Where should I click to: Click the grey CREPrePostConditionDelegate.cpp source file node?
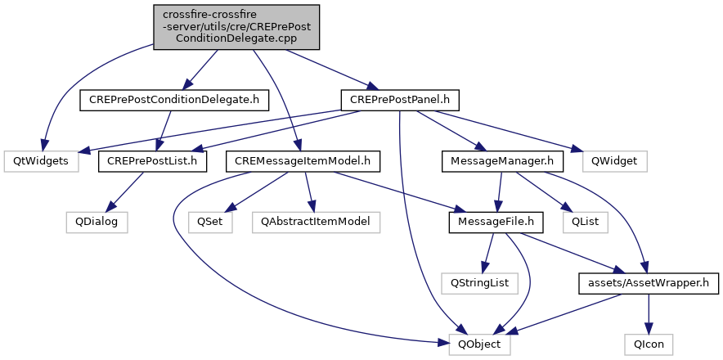tap(236, 27)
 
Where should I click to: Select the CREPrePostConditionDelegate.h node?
tap(174, 100)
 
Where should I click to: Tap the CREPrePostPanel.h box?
tap(400, 100)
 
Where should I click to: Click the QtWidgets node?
tap(42, 161)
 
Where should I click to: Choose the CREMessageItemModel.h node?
tap(303, 161)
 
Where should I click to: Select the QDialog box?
tap(97, 222)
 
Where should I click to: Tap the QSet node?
tap(210, 222)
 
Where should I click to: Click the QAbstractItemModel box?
tap(316, 222)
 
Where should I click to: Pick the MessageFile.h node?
tap(496, 222)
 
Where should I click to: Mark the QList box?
tap(586, 222)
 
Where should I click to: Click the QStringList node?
tap(480, 283)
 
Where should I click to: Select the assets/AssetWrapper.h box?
tap(649, 283)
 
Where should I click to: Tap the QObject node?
tap(480, 344)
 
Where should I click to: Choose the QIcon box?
tap(649, 344)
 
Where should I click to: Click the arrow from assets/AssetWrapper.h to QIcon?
tap(649, 314)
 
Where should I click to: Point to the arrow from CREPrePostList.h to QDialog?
tap(127, 192)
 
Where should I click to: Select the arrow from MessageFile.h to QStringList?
tap(487, 253)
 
